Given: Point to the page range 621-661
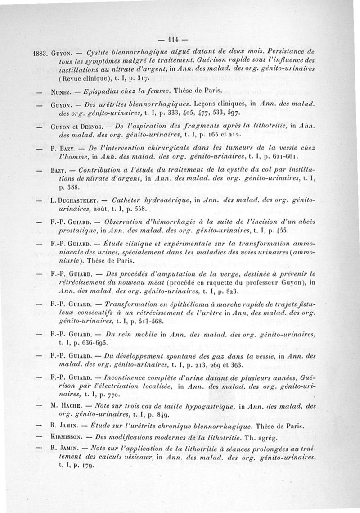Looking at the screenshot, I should pos(285,156).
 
